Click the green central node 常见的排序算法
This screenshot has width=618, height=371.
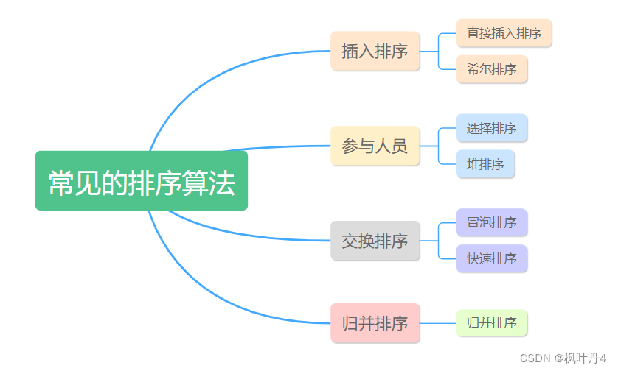click(x=141, y=181)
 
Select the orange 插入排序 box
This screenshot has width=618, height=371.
click(x=375, y=52)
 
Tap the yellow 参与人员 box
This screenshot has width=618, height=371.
click(x=375, y=146)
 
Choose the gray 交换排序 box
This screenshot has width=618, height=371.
click(x=375, y=241)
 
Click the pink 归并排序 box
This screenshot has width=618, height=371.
click(x=375, y=323)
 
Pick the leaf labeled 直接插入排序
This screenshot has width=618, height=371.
click(x=504, y=33)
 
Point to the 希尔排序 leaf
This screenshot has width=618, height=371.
click(x=491, y=69)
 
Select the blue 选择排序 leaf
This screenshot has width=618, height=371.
click(x=491, y=128)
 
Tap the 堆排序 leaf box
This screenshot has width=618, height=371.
click(x=485, y=164)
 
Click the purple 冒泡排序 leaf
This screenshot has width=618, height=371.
click(x=491, y=222)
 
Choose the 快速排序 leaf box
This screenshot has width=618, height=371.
click(x=491, y=258)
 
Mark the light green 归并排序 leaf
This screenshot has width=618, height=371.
click(x=491, y=323)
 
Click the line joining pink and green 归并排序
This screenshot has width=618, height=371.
click(x=438, y=323)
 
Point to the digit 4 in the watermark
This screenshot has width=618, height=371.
click(x=602, y=358)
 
